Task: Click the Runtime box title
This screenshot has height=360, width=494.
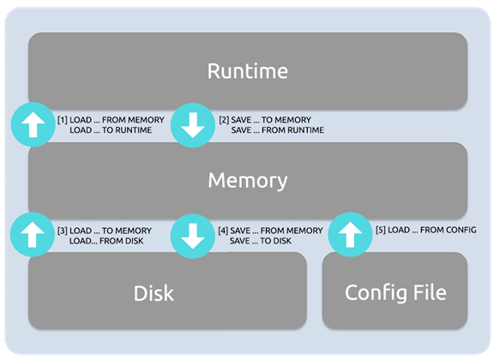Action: point(248,71)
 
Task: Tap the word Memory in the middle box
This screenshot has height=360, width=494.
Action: point(248,181)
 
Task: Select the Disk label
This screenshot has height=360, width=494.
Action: point(154,293)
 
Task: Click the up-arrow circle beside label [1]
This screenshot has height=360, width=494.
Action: point(33,125)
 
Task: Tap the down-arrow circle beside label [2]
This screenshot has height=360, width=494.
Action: point(193,125)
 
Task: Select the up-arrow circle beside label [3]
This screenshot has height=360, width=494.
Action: point(33,235)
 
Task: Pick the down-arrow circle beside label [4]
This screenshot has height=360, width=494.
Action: point(193,236)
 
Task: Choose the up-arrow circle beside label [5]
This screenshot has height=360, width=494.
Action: point(350,235)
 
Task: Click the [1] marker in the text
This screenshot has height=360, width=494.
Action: point(62,120)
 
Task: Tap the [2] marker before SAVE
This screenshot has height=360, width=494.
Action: point(224,120)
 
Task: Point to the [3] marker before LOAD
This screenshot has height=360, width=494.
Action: point(62,231)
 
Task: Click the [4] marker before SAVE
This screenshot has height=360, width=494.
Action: point(223,231)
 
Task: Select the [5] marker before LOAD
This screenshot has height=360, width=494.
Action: point(381,230)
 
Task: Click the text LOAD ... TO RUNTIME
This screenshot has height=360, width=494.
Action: point(111,130)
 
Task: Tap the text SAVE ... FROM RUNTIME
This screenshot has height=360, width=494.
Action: point(278,130)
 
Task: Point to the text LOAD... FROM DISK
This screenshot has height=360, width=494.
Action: point(106,241)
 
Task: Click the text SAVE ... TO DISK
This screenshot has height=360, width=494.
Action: point(261,241)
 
